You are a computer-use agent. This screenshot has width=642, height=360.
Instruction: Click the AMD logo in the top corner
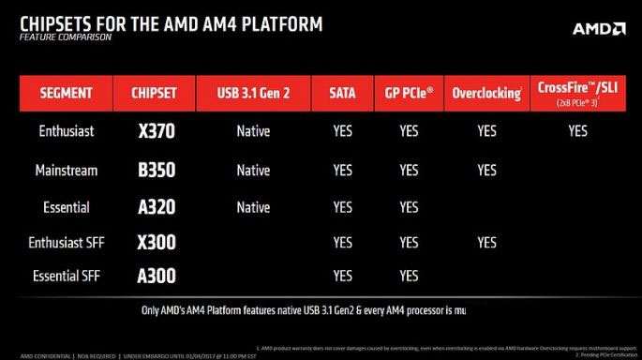[x=598, y=29]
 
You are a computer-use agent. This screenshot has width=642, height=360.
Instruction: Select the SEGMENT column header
[x=66, y=94]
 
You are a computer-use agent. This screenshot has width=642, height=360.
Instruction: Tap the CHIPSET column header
[x=155, y=94]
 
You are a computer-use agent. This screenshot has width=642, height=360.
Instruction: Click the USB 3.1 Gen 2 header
[x=253, y=94]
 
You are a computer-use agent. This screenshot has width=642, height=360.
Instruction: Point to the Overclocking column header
[x=486, y=94]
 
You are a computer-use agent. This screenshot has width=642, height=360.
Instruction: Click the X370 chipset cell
[x=155, y=131]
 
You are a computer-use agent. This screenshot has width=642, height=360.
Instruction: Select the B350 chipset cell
[x=155, y=171]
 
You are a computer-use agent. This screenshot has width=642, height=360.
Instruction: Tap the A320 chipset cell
[x=155, y=207]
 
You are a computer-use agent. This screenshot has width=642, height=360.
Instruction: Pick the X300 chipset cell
[x=155, y=242]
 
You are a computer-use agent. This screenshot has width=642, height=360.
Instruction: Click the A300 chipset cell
[x=155, y=276]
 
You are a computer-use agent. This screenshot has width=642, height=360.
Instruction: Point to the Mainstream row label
[x=66, y=171]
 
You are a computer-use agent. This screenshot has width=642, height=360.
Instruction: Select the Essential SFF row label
[x=66, y=276]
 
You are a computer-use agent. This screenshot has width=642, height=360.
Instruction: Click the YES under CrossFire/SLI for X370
[x=576, y=131]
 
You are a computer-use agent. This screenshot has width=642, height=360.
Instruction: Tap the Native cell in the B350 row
[x=253, y=171]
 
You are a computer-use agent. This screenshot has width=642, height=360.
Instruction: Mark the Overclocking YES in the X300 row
[x=486, y=242]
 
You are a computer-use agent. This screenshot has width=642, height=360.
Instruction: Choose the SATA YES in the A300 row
[x=343, y=276]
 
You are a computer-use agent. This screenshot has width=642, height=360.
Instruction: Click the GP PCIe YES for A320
[x=409, y=207]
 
